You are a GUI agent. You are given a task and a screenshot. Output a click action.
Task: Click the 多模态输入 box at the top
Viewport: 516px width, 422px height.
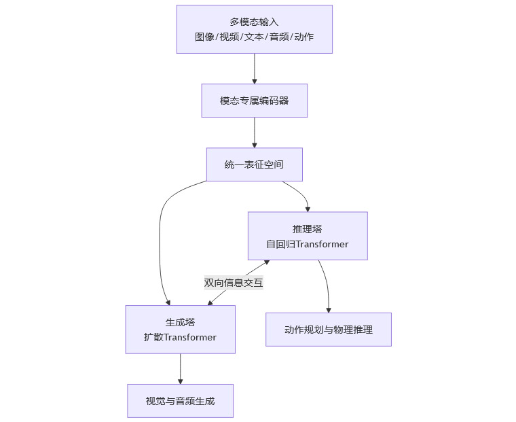(255, 29)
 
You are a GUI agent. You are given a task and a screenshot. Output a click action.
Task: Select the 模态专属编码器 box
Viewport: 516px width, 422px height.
(255, 101)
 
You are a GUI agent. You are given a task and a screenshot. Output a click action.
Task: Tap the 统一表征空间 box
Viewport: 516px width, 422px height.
(255, 164)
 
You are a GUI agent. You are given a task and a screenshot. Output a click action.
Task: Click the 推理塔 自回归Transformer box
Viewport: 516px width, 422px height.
(308, 236)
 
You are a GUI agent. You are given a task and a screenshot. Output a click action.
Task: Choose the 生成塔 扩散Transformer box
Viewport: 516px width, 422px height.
(181, 330)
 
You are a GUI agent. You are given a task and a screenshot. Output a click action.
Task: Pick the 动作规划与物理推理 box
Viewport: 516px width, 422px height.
(329, 330)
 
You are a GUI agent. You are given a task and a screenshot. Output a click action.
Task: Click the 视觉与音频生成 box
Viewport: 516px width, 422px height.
(181, 401)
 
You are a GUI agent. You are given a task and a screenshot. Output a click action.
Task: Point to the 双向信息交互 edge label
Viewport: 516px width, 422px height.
(234, 283)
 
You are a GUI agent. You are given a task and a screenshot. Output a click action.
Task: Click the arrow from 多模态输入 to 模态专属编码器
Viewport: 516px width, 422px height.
(255, 69)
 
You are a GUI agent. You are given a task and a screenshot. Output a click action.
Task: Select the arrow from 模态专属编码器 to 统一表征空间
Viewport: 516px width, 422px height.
(255, 133)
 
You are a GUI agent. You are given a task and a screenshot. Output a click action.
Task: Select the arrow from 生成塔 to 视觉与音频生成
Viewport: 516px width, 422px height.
(181, 369)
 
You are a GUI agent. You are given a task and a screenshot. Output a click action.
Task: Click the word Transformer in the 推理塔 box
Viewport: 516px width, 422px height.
(322, 244)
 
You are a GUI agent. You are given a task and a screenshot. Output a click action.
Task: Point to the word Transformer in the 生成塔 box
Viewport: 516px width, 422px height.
(190, 337)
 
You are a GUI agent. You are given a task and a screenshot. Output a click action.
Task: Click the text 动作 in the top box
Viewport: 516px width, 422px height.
(304, 37)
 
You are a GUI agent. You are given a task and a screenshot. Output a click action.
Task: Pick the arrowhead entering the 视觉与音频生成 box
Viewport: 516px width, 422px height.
(181, 381)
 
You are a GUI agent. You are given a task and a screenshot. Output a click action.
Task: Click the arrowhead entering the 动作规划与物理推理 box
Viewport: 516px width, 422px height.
(329, 311)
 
